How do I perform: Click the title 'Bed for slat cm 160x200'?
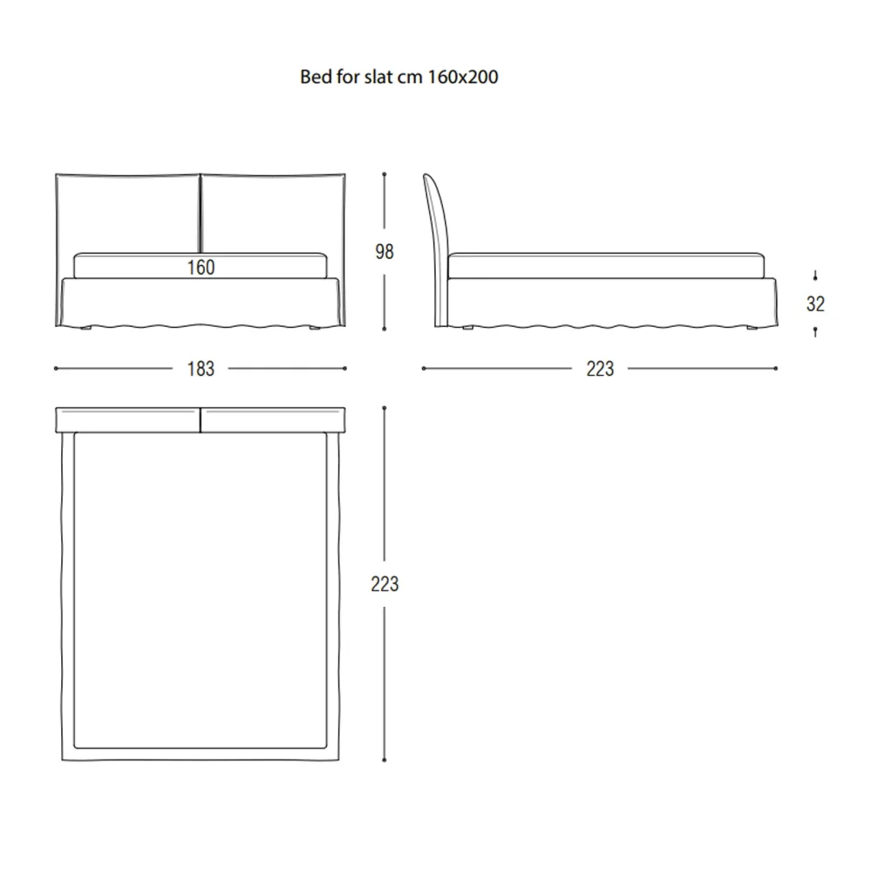[399, 77]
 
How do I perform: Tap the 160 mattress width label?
[201, 268]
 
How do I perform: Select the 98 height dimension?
[385, 252]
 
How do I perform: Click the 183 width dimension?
[201, 369]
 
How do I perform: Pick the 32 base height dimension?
[815, 303]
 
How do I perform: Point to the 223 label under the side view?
[600, 369]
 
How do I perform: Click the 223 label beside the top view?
[385, 584]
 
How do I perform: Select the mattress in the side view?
[606, 266]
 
